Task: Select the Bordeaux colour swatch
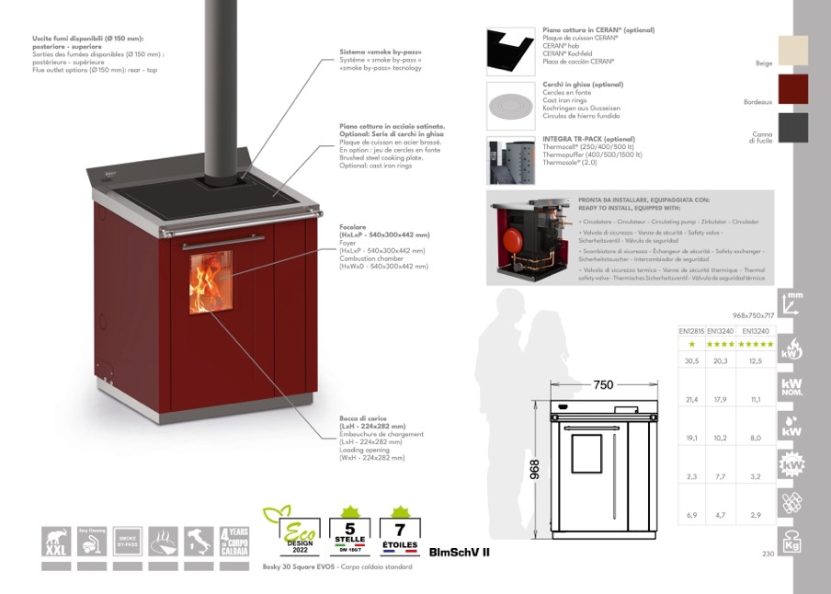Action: click(791, 89)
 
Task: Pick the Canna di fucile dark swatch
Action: click(791, 127)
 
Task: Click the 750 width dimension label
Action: click(603, 385)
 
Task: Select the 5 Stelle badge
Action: click(348, 531)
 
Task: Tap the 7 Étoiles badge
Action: click(399, 531)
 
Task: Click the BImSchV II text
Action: click(460, 553)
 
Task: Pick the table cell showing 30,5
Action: click(691, 360)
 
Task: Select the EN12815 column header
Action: click(691, 329)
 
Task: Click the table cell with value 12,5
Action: click(756, 360)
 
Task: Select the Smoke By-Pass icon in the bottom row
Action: click(128, 542)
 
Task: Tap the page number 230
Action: click(768, 554)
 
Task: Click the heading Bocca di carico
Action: click(361, 418)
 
